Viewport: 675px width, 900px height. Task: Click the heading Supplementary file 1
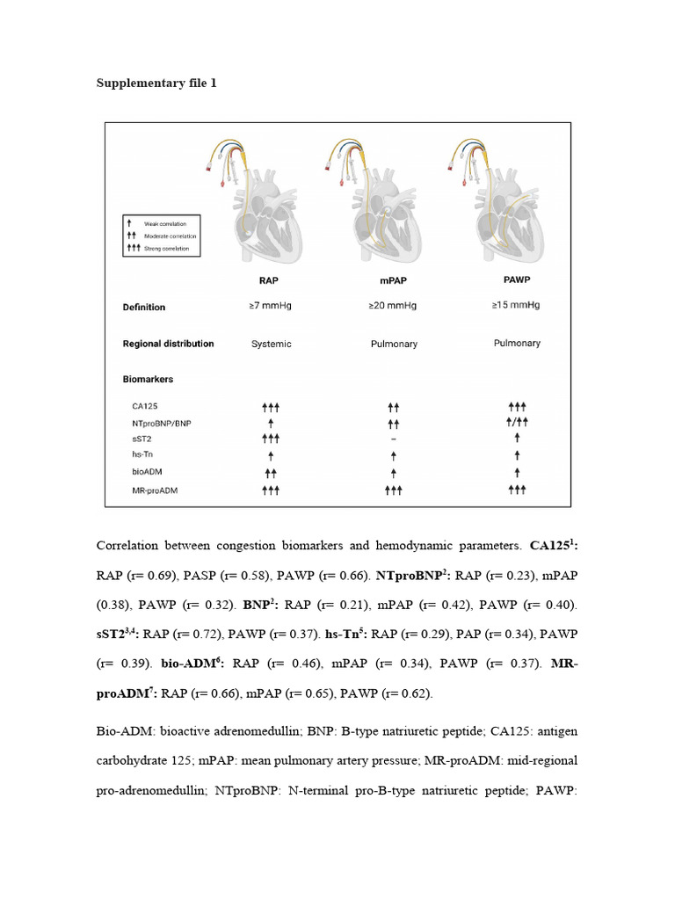155,83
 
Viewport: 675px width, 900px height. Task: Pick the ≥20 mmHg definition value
393,307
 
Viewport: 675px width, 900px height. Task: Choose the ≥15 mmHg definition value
517,306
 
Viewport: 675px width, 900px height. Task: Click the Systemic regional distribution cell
271,344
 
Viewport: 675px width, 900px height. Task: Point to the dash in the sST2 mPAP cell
393,438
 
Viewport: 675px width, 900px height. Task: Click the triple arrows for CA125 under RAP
271,407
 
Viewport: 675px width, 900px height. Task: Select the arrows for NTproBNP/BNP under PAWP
517,422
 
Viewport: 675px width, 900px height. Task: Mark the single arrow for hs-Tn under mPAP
393,454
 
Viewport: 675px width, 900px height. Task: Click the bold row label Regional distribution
168,344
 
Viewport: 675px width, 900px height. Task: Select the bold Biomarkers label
148,380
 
